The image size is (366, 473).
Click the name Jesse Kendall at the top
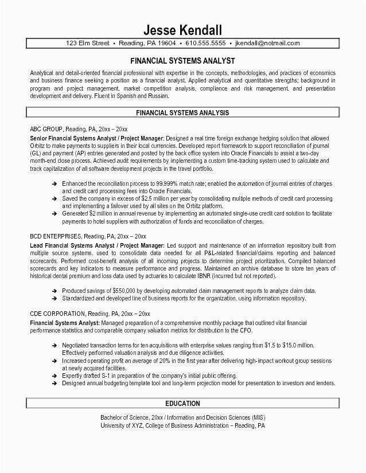182,29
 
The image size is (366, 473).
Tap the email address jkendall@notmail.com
267,43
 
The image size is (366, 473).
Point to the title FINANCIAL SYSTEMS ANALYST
182,60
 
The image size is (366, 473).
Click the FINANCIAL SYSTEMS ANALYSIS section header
182,113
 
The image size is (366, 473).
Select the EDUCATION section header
182,404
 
